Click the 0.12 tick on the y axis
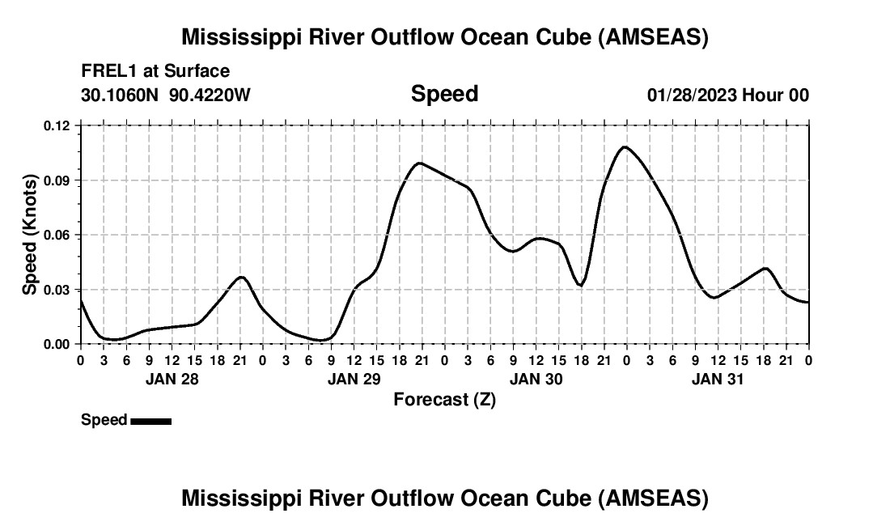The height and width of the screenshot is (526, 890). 57,125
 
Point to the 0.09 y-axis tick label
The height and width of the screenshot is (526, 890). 57,180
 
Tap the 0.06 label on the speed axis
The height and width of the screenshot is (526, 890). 57,235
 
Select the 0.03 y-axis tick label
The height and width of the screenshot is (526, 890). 57,290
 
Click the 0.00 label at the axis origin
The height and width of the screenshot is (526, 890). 57,344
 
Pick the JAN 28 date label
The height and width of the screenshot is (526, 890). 172,379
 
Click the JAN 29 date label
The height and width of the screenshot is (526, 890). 354,379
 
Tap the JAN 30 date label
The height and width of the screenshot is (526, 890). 536,379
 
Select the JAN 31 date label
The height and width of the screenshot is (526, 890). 718,379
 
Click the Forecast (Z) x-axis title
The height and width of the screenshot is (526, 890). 444,399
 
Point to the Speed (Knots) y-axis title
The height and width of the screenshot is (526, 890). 30,235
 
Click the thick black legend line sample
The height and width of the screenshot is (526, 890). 150,421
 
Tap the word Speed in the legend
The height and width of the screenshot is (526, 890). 104,420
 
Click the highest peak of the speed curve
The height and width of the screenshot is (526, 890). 625,146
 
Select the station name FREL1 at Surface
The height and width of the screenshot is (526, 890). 155,71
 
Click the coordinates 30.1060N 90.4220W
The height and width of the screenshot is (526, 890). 166,95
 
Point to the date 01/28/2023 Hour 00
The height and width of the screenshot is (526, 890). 728,95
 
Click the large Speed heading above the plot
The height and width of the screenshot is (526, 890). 444,94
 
